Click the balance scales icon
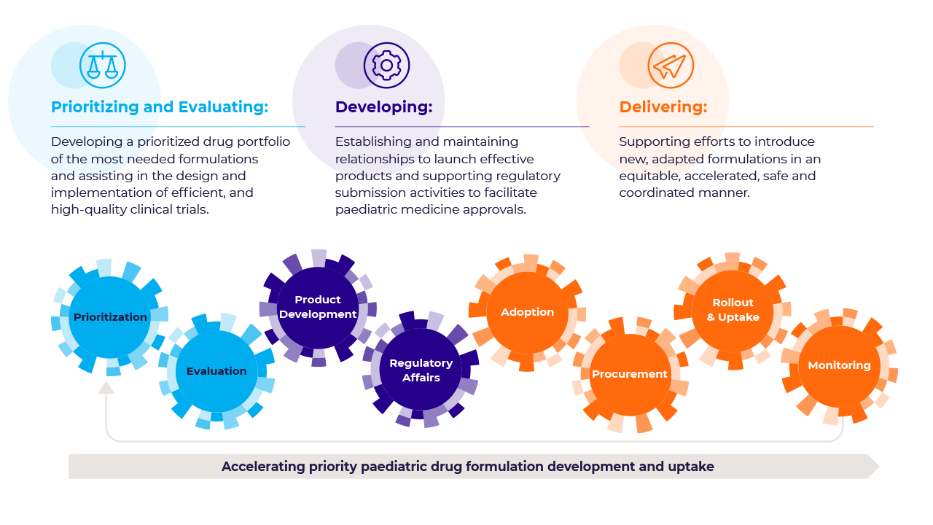[x=103, y=66]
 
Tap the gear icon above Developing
[x=386, y=66]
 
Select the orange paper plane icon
[x=671, y=66]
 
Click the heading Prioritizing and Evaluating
[x=160, y=107]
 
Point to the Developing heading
[x=383, y=107]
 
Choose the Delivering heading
[x=663, y=107]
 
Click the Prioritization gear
[x=110, y=317]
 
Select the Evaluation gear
[x=216, y=371]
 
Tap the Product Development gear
[x=318, y=307]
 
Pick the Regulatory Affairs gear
[x=421, y=370]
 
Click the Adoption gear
[x=527, y=312]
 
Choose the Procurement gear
[x=630, y=374]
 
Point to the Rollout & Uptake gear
[x=733, y=310]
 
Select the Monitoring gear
[x=839, y=365]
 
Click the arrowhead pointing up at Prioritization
[x=106, y=387]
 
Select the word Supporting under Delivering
[x=649, y=141]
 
